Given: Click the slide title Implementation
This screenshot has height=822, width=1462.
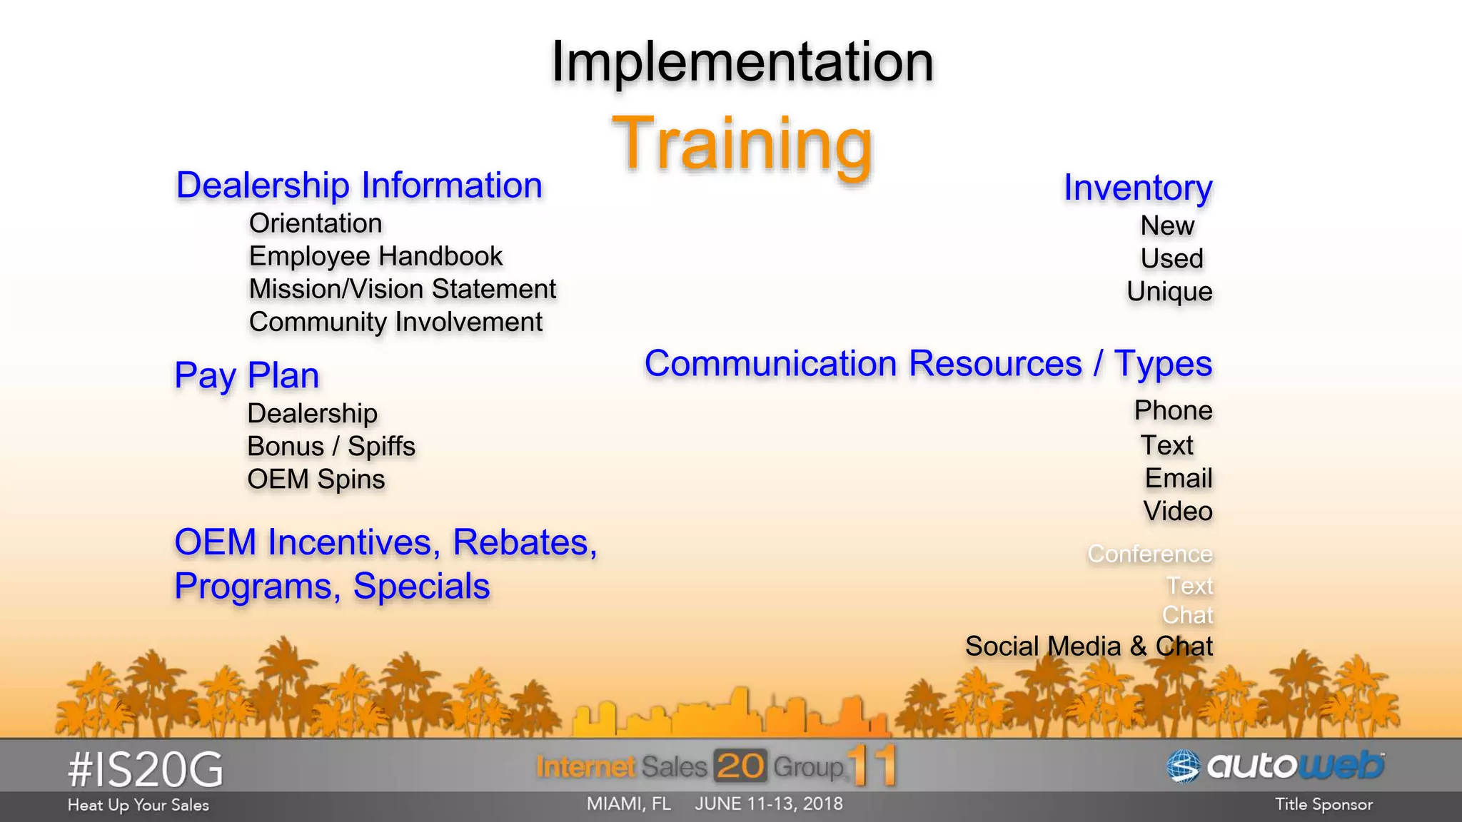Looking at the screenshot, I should click(742, 63).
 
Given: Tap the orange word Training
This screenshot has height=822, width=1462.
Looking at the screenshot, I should click(742, 144).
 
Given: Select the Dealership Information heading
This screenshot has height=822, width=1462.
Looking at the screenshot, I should click(359, 186).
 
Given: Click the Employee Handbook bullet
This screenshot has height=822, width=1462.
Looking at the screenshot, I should click(375, 256).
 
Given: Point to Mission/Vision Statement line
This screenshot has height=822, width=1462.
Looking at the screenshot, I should click(402, 289).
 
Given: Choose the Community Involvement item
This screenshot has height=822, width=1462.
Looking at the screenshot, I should click(395, 322).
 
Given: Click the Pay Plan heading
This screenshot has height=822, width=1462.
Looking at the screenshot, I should click(247, 376).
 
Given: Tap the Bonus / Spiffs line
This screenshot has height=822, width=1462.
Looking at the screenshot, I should click(331, 446).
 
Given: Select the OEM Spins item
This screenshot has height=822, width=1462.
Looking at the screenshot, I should click(316, 479).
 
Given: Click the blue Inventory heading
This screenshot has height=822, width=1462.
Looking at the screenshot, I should click(1138, 188).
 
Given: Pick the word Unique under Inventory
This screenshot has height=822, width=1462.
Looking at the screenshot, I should click(1169, 291).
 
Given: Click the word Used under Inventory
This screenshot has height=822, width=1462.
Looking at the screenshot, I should click(1171, 258).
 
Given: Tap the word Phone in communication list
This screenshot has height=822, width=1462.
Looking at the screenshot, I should click(1173, 410).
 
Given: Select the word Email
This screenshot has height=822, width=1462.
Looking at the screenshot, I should click(1178, 478).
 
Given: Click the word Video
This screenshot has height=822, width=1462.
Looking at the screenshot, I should click(1177, 511).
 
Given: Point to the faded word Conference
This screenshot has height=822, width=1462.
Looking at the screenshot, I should click(1149, 554).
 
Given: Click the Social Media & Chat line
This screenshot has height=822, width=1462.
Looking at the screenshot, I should click(1089, 646).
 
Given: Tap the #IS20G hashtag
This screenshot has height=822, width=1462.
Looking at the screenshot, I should click(146, 770).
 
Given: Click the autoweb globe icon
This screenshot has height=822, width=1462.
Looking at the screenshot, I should click(1183, 766).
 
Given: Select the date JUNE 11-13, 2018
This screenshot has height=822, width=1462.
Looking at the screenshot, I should click(769, 804).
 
